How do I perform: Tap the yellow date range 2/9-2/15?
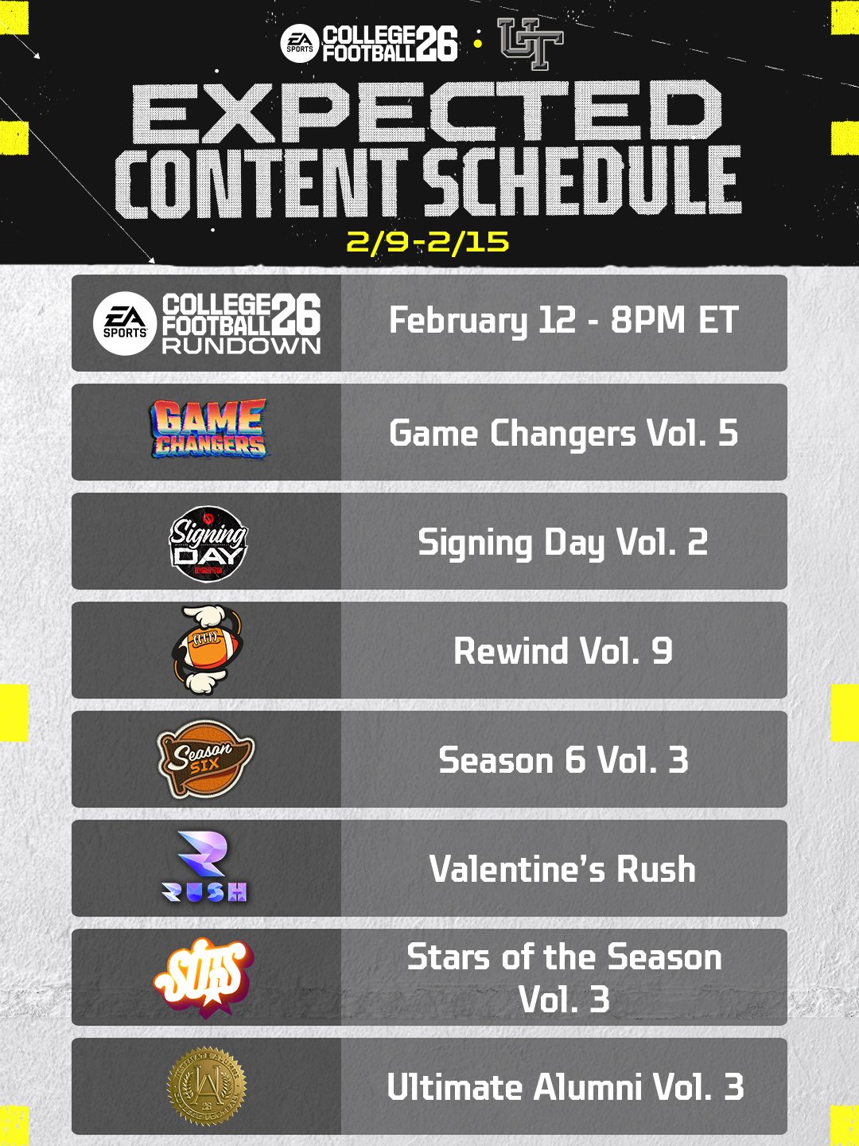coord(428,242)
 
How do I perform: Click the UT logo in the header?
coord(531,43)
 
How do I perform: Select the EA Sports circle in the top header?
coord(299,44)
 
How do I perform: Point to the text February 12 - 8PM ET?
coord(564,320)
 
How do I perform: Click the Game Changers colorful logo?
coord(208,429)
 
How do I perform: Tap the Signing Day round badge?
coord(208,544)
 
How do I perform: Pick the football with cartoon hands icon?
coord(207,650)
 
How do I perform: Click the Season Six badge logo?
coord(205,759)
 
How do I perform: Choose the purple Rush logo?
coord(204,867)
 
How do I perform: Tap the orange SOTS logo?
coord(204,977)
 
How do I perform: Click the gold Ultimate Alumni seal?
coord(207,1087)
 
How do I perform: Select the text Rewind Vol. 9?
coord(563,651)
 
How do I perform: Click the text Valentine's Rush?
coord(563,869)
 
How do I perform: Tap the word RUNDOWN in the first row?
coord(242,345)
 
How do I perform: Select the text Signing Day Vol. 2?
coord(563,543)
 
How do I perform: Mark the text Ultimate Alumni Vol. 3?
coord(566,1088)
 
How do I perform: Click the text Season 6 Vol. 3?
coord(564,760)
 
